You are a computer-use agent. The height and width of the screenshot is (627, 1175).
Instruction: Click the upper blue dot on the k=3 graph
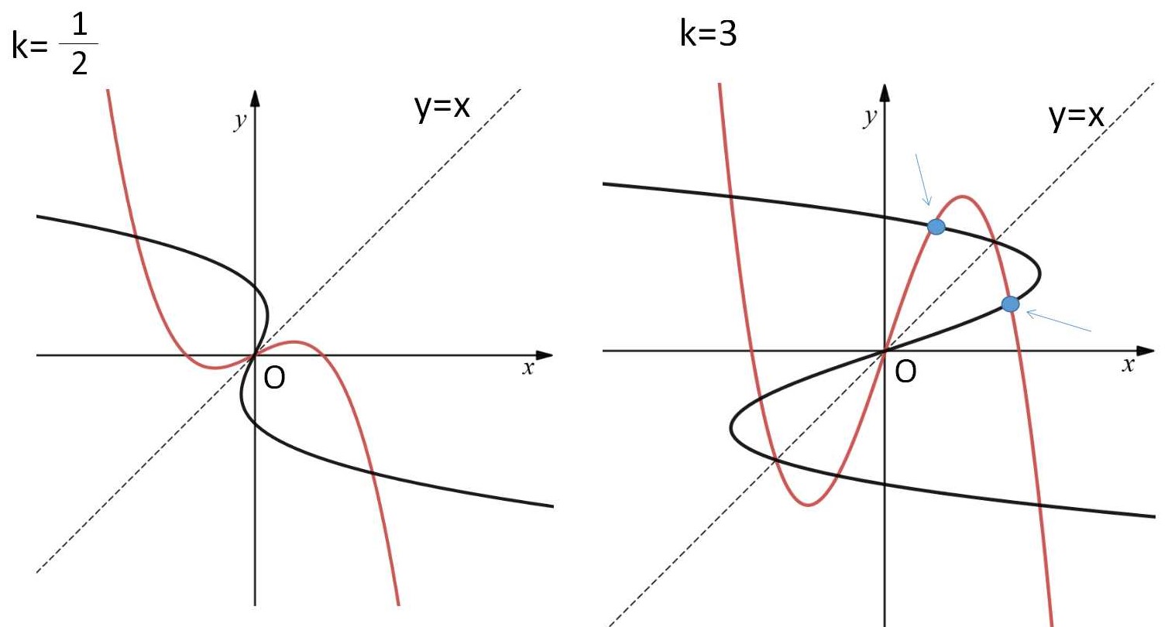click(936, 227)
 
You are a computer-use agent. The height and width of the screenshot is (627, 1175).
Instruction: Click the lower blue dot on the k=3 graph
click(1010, 304)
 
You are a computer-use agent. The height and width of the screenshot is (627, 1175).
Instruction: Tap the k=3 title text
click(708, 33)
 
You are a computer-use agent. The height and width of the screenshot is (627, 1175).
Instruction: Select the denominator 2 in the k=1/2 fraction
click(79, 64)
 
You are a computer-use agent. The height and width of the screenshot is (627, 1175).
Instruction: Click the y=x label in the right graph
click(1077, 115)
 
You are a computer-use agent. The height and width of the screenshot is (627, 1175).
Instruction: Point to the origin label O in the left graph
click(274, 378)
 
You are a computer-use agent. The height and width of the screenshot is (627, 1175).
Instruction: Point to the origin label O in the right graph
click(906, 372)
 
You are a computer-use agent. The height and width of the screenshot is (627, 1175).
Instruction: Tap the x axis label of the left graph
click(527, 368)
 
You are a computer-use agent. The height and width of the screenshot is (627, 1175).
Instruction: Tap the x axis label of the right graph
click(1129, 365)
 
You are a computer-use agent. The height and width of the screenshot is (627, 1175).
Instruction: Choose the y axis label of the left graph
click(239, 121)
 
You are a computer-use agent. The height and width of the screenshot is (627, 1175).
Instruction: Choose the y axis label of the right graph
click(870, 118)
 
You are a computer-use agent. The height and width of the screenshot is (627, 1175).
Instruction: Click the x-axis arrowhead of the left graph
click(545, 355)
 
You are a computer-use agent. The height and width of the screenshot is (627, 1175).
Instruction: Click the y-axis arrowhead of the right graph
click(885, 92)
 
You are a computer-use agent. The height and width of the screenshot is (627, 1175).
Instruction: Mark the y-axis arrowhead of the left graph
click(255, 98)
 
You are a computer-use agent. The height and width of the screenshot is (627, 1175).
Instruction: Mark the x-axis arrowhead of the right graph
click(1146, 351)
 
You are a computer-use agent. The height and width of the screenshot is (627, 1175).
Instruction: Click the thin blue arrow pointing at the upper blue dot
click(922, 180)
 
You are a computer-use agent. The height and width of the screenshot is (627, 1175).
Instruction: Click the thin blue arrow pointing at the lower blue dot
click(1059, 320)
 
